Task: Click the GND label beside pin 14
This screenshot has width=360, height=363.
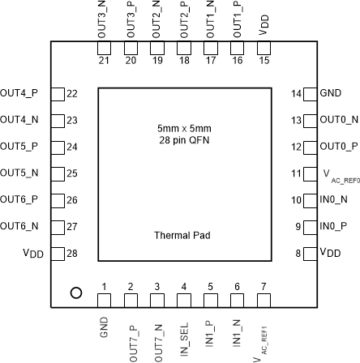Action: [x=331, y=93]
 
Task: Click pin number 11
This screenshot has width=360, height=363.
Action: [x=294, y=173]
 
